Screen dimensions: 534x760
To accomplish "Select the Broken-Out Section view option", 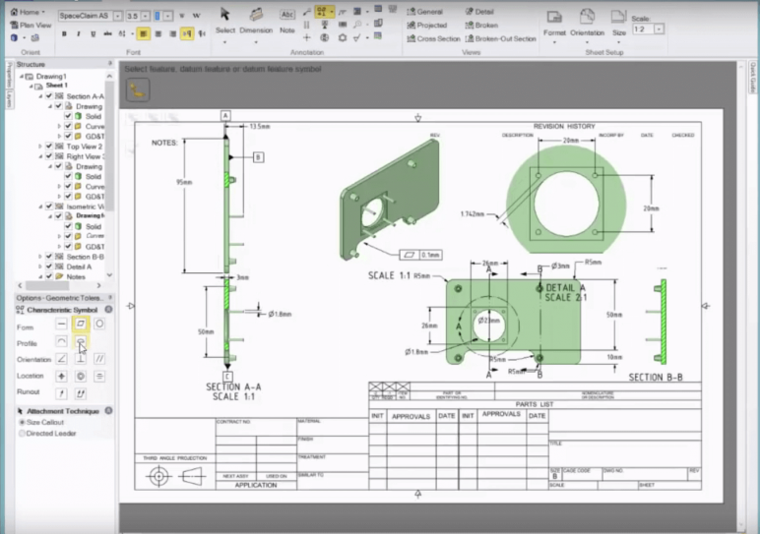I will tap(505, 38).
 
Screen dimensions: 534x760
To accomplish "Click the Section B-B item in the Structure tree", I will tap(84, 257).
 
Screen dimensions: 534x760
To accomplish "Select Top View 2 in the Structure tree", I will tap(84, 147).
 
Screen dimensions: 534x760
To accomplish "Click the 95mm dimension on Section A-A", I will tap(182, 182).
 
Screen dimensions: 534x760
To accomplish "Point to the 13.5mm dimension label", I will tap(260, 126).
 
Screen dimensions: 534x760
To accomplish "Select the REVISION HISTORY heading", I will tap(563, 126).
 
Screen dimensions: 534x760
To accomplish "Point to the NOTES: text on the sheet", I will tap(164, 143).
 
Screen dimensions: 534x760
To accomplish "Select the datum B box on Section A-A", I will tap(258, 156).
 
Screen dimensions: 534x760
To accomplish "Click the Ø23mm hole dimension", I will tap(489, 320).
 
